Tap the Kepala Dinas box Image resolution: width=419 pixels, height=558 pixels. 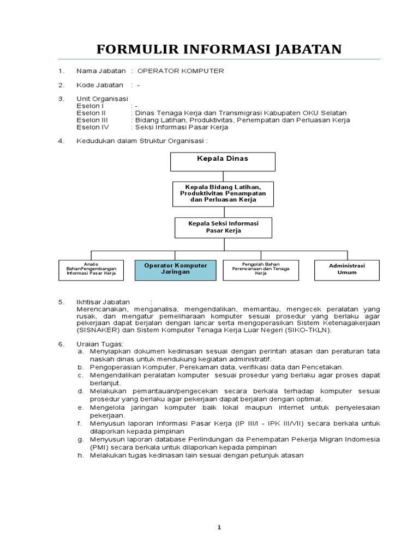coord(223,161)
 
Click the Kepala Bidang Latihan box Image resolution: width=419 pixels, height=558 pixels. coord(223,194)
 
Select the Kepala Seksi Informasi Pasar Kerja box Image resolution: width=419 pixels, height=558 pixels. coord(223,227)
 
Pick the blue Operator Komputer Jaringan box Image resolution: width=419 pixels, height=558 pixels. coord(176,269)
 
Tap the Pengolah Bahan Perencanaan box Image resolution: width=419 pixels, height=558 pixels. coord(261,269)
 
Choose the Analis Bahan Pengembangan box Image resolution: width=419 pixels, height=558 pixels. coord(92,269)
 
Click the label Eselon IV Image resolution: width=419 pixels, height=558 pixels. coord(93,128)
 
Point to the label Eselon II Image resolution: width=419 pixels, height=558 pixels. coord(91,113)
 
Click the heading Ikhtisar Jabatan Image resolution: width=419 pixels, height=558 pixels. coord(103,302)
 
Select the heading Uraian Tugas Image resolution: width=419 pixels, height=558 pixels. coord(100,344)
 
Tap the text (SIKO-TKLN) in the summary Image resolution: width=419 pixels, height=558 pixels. coord(309,330)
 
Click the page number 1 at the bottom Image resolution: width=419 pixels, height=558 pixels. coord(219,527)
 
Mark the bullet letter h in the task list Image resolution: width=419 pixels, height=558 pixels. coord(80,455)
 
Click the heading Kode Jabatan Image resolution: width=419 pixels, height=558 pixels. coord(100,85)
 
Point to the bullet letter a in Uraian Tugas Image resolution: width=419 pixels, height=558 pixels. coord(80,351)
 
